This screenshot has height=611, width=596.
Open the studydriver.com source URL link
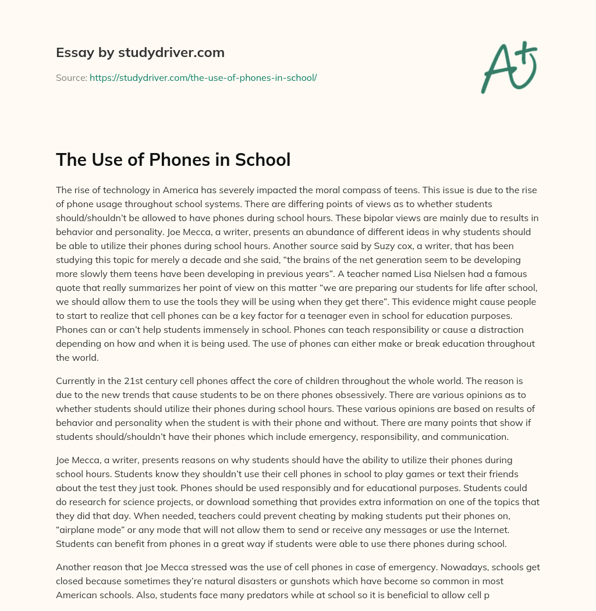[x=203, y=77]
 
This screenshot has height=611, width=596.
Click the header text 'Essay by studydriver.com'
[x=140, y=52]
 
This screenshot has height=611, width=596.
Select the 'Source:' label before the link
[x=72, y=77]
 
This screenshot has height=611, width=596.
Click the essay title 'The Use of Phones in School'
[x=173, y=159]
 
